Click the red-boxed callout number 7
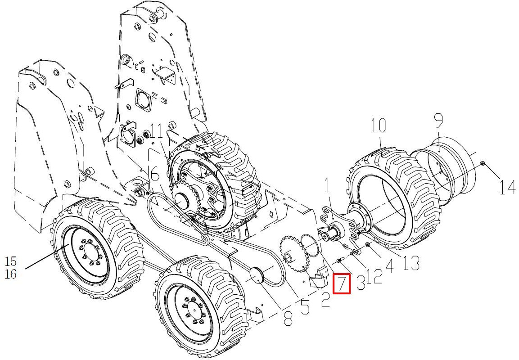pos(341,284)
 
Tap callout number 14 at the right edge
pos(507,187)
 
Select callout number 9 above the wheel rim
pos(438,121)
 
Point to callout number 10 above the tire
pos(378,126)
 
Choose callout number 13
pos(411,263)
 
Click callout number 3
pos(361,283)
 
